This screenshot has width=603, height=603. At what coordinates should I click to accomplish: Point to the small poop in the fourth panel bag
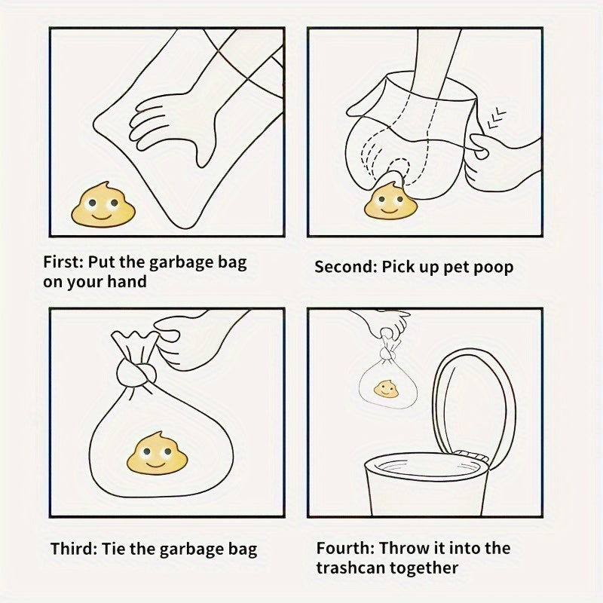click(386, 389)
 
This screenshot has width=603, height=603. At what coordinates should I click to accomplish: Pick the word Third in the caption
click(73, 549)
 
